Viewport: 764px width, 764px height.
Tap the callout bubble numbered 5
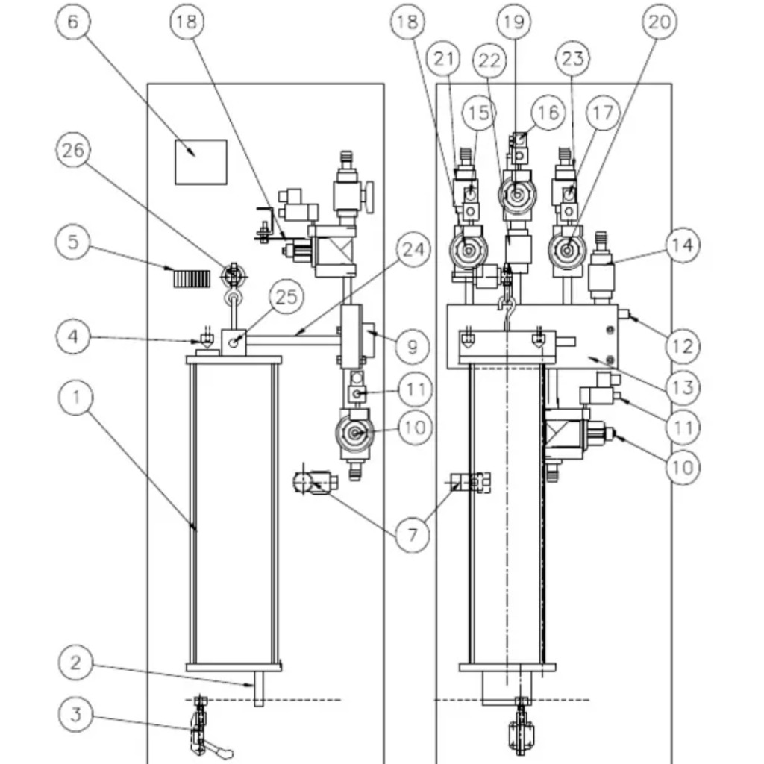click(x=75, y=242)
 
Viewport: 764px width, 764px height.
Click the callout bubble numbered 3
click(x=75, y=714)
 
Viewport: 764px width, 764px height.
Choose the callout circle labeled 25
click(x=286, y=297)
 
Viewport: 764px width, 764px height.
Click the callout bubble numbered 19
click(x=513, y=22)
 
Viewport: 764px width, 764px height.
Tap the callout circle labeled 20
click(x=658, y=22)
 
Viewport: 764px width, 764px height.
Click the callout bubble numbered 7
click(x=413, y=533)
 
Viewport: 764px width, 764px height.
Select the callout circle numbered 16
click(x=548, y=112)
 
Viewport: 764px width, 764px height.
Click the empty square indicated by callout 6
click(x=201, y=161)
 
